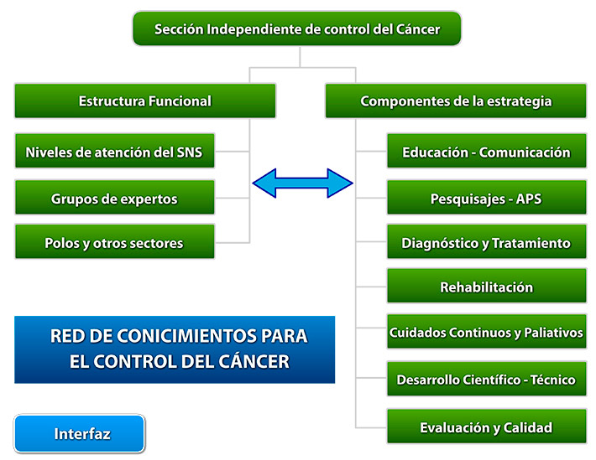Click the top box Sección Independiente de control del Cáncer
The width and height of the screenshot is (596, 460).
[297, 29]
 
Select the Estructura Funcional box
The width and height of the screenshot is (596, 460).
[145, 101]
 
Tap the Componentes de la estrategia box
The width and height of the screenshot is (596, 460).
[456, 101]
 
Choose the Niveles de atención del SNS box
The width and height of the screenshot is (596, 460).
[114, 152]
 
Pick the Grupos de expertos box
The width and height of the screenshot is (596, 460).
[114, 199]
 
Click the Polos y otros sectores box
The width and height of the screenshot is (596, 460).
[114, 243]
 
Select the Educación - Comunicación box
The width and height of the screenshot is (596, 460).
[486, 152]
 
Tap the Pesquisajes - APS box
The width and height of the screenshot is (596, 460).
[486, 199]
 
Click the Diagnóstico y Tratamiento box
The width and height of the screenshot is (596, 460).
[486, 243]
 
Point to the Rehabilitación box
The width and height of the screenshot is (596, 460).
[486, 287]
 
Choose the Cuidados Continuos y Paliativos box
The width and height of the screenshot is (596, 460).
[486, 333]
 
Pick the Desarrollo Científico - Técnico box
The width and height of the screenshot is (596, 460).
[486, 380]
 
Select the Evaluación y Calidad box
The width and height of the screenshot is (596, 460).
[486, 427]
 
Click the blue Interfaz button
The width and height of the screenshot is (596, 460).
[80, 434]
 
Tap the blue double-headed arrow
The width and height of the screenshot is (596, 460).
[303, 183]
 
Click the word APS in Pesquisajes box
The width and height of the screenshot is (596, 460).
[528, 199]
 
